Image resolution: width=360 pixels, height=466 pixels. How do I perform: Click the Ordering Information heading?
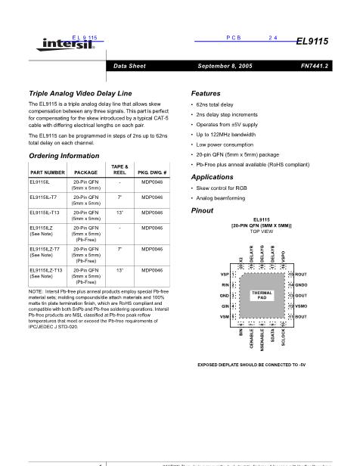(x=61, y=155)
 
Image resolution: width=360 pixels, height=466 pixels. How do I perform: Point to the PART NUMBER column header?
(x=46, y=172)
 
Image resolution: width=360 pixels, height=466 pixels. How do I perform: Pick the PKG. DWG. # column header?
(x=151, y=172)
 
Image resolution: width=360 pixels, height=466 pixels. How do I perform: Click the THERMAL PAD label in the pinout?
(x=259, y=296)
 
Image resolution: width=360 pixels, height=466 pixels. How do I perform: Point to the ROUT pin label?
(x=300, y=274)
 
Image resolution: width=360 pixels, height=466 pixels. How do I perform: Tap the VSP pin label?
(x=224, y=274)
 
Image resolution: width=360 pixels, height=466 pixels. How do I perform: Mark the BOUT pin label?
(x=300, y=315)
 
